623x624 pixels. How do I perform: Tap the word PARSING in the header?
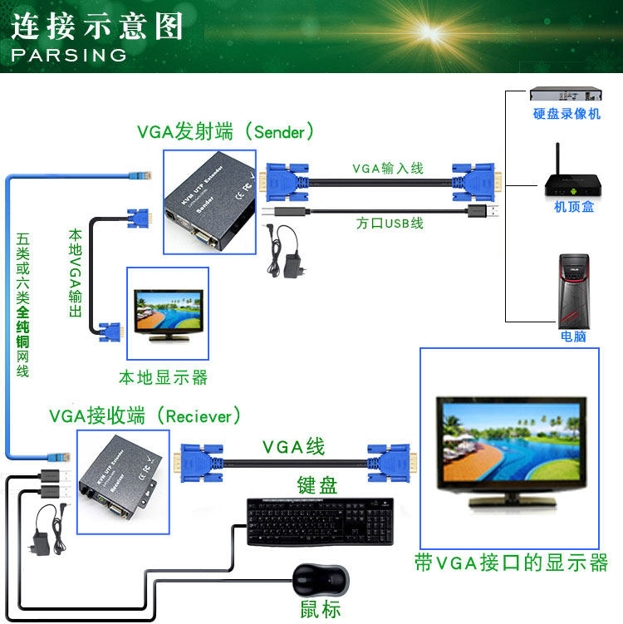point(68,56)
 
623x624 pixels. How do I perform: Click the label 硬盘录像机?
point(567,114)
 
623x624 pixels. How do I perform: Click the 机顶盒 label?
point(574,207)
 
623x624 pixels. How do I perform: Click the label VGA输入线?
point(388,168)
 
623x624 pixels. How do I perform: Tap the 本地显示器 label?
point(163,377)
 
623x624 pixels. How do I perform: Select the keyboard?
point(321,520)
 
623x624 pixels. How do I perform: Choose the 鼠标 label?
point(321,609)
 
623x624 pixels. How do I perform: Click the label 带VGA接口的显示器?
point(511,563)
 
